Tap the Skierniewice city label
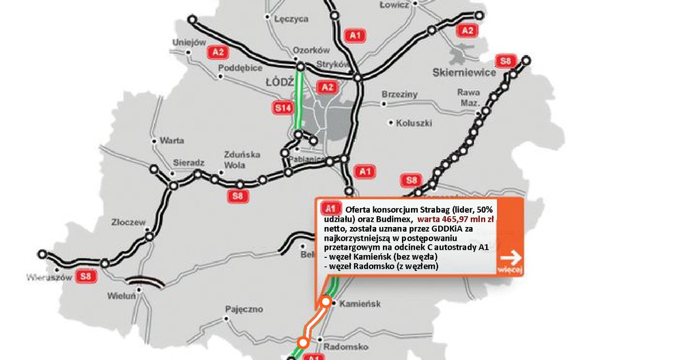pyautogui.click(x=463, y=73)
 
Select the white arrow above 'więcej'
pyautogui.click(x=510, y=257)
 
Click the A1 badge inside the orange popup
pyautogui.click(x=329, y=208)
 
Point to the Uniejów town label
pyautogui.click(x=189, y=42)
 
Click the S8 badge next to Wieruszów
pyautogui.click(x=86, y=277)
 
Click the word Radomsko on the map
pyautogui.click(x=345, y=347)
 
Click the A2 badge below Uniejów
pyautogui.click(x=218, y=52)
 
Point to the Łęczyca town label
pyautogui.click(x=291, y=19)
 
